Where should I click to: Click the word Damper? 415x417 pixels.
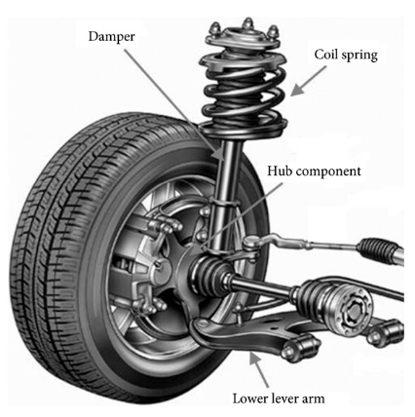(x=111, y=36)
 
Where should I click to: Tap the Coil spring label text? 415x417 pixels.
(x=346, y=55)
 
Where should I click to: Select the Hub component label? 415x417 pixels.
(x=314, y=171)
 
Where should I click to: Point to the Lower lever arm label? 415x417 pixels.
(x=279, y=398)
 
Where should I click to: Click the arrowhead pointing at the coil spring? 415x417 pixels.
(x=296, y=90)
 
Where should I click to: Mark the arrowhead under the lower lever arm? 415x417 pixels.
(x=254, y=359)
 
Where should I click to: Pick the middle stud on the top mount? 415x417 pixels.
(x=248, y=23)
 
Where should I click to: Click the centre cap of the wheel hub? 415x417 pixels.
(x=163, y=271)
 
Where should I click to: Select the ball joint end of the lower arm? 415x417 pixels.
(x=202, y=324)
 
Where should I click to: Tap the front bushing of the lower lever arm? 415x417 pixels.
(x=300, y=348)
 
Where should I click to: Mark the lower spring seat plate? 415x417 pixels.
(x=243, y=129)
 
